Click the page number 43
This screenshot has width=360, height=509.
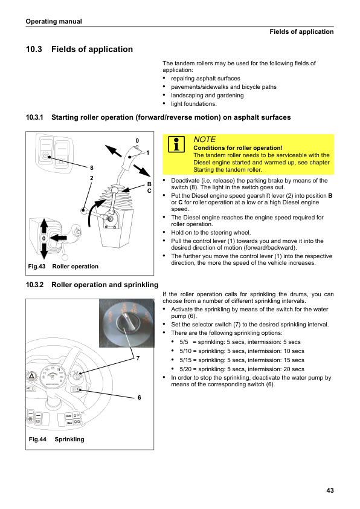pos(330,490)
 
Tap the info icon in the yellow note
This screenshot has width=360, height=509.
pos(176,144)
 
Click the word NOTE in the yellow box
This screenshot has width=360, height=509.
pos(204,139)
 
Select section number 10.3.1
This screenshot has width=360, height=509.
pos(34,117)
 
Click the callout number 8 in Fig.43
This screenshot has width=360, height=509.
pos(92,168)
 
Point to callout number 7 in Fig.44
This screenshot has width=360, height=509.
pos(138,358)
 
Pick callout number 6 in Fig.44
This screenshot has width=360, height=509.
pos(139,397)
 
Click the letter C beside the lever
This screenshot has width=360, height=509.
pos(149,191)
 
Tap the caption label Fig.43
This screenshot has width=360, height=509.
pos(37,266)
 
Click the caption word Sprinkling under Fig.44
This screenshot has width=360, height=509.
pos(69,439)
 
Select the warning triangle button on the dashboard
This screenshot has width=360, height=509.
pos(31,376)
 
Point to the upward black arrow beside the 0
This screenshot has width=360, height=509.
pos(44,226)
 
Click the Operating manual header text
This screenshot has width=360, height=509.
pos(54,21)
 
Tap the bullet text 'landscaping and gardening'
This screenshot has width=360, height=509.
pos(207,95)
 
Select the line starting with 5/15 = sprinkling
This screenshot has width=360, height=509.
pos(242,360)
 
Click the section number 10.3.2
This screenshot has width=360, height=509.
pos(34,285)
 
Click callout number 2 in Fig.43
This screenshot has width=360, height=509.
pos(91,178)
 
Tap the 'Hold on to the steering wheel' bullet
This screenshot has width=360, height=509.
pos(211,232)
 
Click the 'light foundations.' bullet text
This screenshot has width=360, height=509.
pos(194,103)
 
